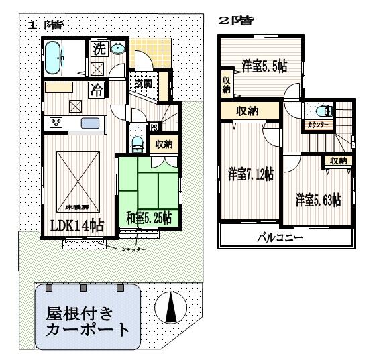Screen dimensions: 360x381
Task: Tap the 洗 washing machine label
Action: click(99, 49)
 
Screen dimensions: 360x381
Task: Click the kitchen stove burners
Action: click(55, 122)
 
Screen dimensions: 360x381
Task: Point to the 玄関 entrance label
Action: click(143, 84)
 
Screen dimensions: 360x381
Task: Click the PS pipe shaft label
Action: click(154, 127)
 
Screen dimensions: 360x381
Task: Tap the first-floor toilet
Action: click(138, 143)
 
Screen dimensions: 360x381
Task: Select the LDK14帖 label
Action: click(77, 225)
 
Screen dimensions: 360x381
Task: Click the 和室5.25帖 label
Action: click(148, 217)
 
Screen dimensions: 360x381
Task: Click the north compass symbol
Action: click(170, 309)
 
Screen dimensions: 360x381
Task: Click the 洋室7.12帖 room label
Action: click(249, 174)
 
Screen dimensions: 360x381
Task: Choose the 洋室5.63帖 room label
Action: click(319, 199)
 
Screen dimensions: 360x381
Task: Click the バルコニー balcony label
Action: click(281, 238)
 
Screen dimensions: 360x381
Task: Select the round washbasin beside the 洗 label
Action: click(118, 48)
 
